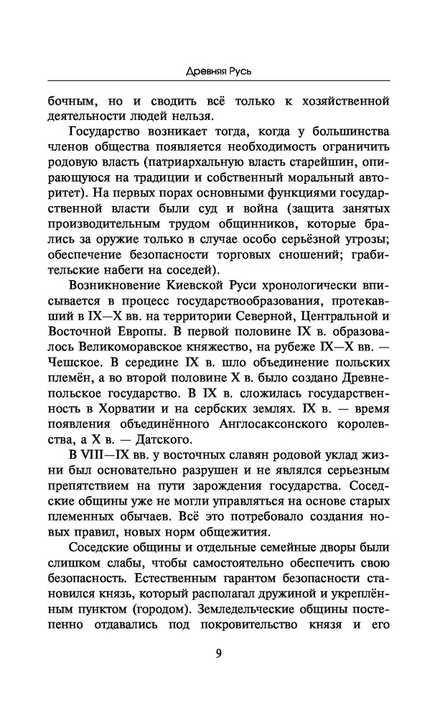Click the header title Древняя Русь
pos(222,71)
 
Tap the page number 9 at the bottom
pos(218,653)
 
